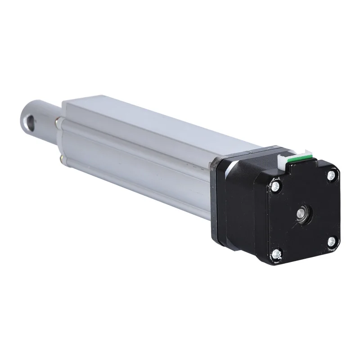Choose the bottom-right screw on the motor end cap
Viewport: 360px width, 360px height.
tap(332, 241)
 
